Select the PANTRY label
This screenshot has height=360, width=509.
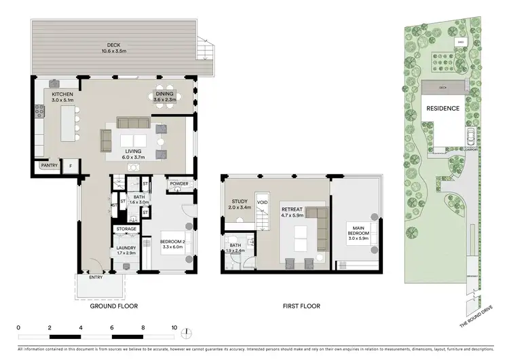click(x=49, y=165)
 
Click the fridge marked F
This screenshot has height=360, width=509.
click(x=69, y=165)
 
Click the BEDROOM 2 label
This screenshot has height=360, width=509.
click(x=173, y=241)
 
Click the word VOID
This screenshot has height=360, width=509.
click(x=262, y=202)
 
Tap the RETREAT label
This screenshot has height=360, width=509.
click(x=293, y=210)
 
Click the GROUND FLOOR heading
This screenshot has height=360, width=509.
click(x=114, y=306)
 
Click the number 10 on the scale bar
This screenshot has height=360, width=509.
click(x=174, y=327)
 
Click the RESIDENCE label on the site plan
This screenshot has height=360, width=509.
click(x=442, y=108)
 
